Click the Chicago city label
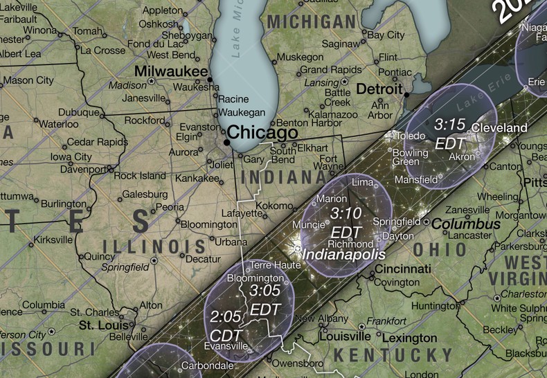(x=262, y=132)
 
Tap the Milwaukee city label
(x=171, y=71)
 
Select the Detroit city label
(x=379, y=89)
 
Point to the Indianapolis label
(x=342, y=255)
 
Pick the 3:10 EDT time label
(x=346, y=221)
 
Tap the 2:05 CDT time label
(x=226, y=325)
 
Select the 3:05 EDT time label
(x=264, y=298)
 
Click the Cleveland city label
(x=499, y=128)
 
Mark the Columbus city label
(x=466, y=224)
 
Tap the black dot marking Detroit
(x=407, y=95)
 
